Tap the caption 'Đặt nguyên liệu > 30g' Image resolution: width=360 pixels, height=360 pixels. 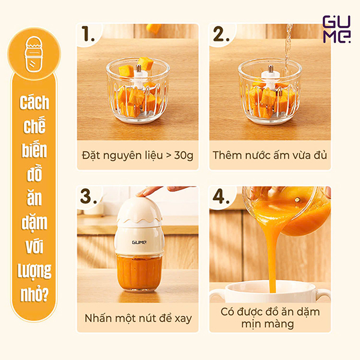tap(137, 155)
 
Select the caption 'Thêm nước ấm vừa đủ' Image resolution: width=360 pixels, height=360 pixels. tap(270, 155)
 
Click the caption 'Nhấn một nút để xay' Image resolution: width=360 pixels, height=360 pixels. tap(137, 317)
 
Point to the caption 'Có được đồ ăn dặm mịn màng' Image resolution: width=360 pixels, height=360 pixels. tap(270, 317)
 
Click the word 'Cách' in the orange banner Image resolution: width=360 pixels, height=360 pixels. tap(34, 103)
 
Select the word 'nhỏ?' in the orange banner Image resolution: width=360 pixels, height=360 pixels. tap(34, 295)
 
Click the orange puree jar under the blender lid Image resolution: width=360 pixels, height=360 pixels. tap(137, 273)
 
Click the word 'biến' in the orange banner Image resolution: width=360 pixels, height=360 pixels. tap(34, 157)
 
